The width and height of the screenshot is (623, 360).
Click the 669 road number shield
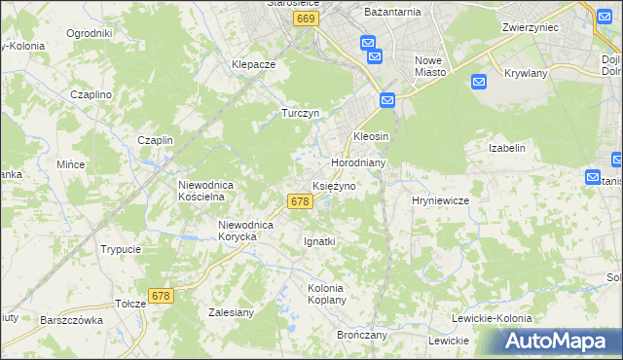306,19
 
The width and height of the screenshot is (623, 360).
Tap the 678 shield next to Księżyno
300,201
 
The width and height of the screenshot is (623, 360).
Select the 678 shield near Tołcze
162,295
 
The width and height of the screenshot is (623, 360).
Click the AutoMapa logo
556,342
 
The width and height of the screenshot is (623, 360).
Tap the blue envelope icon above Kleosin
387,100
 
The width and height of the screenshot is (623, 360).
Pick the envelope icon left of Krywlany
479,82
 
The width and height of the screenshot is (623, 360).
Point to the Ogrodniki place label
90,33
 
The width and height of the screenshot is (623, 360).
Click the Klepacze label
254,64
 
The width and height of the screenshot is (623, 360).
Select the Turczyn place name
301,113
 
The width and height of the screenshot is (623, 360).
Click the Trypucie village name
121,249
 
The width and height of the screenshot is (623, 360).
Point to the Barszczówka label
71,320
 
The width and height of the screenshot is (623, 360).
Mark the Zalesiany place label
232,312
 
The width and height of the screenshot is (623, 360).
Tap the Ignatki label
319,241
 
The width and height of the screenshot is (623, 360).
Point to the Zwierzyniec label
530,28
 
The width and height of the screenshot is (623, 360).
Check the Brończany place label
362,334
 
